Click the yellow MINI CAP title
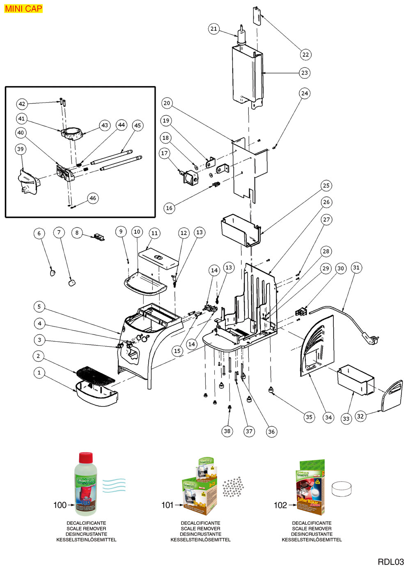(x=23, y=9)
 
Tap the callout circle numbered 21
(x=213, y=29)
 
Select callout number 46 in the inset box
(x=93, y=198)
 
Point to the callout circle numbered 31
(x=356, y=267)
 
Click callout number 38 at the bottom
(x=227, y=431)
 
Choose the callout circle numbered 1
(x=39, y=373)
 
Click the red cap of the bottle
(x=86, y=457)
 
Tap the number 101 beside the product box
(x=167, y=505)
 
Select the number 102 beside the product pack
(x=280, y=505)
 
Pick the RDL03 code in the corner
(x=390, y=562)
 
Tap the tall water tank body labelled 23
(x=246, y=76)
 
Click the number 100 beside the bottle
(x=60, y=505)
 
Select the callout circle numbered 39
(x=21, y=149)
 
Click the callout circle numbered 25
(x=326, y=185)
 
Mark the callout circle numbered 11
(x=154, y=233)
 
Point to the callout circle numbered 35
(x=309, y=417)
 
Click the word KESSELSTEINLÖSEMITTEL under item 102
(x=312, y=540)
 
